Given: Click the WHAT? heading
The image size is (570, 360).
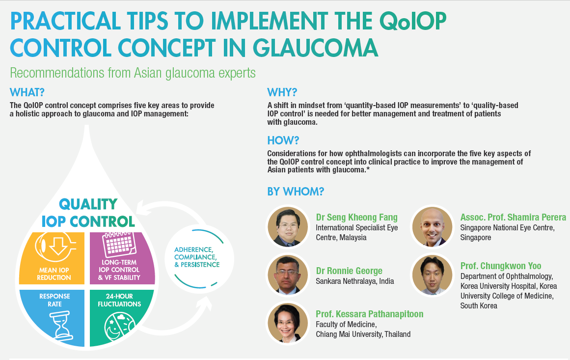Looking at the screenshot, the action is pos(27,92).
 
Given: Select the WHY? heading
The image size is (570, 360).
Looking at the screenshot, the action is pos(282,92).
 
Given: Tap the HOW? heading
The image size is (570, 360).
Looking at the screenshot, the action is pos(283,140).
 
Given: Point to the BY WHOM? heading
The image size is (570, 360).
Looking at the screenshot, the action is pos(296,192).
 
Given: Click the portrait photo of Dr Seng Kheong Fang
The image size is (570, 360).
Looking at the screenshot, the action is pos(288,227).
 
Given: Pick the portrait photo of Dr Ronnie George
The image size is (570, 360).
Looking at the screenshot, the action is pos(288,275).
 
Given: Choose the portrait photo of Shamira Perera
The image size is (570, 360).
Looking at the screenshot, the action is pos(433,227).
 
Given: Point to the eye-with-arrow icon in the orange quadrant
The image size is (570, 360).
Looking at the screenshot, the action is pos(55,247).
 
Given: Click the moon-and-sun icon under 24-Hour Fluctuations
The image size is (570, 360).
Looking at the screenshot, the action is pos(120,327).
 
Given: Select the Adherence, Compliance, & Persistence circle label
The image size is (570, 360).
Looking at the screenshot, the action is pos(197,257).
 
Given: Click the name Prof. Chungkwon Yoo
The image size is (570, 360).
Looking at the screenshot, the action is pos(501,266).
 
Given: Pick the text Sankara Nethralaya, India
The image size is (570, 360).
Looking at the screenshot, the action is pos(355,281).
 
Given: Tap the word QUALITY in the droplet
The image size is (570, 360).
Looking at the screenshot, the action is pos(88,204).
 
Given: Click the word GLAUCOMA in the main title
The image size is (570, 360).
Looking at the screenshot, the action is pos(315,48).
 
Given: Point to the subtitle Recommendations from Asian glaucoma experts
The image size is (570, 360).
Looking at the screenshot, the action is pos(133,73).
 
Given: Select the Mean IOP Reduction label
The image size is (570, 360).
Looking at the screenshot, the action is pos(54,274).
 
